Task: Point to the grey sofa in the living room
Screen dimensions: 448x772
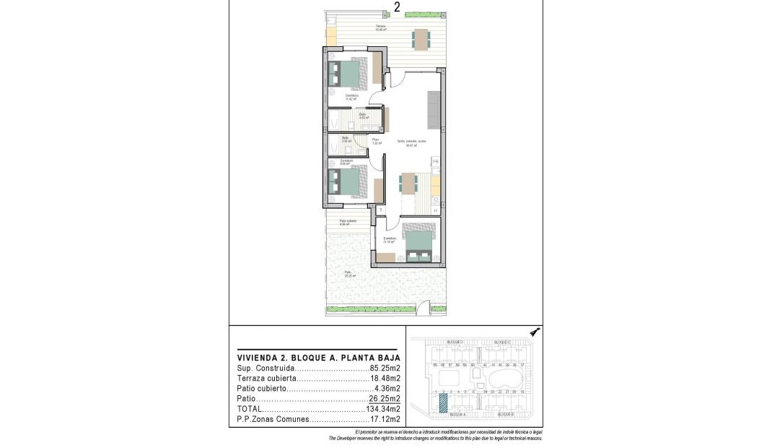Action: (x=432, y=107)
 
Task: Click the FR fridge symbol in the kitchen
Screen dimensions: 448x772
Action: (x=436, y=162)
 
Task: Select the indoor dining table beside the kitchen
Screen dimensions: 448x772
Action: (x=409, y=183)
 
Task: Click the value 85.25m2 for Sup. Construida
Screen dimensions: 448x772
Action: (x=385, y=367)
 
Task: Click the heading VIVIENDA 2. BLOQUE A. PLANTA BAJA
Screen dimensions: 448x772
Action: (x=319, y=357)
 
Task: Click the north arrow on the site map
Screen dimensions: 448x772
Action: (x=535, y=332)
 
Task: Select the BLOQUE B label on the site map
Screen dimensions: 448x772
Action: (x=504, y=415)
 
